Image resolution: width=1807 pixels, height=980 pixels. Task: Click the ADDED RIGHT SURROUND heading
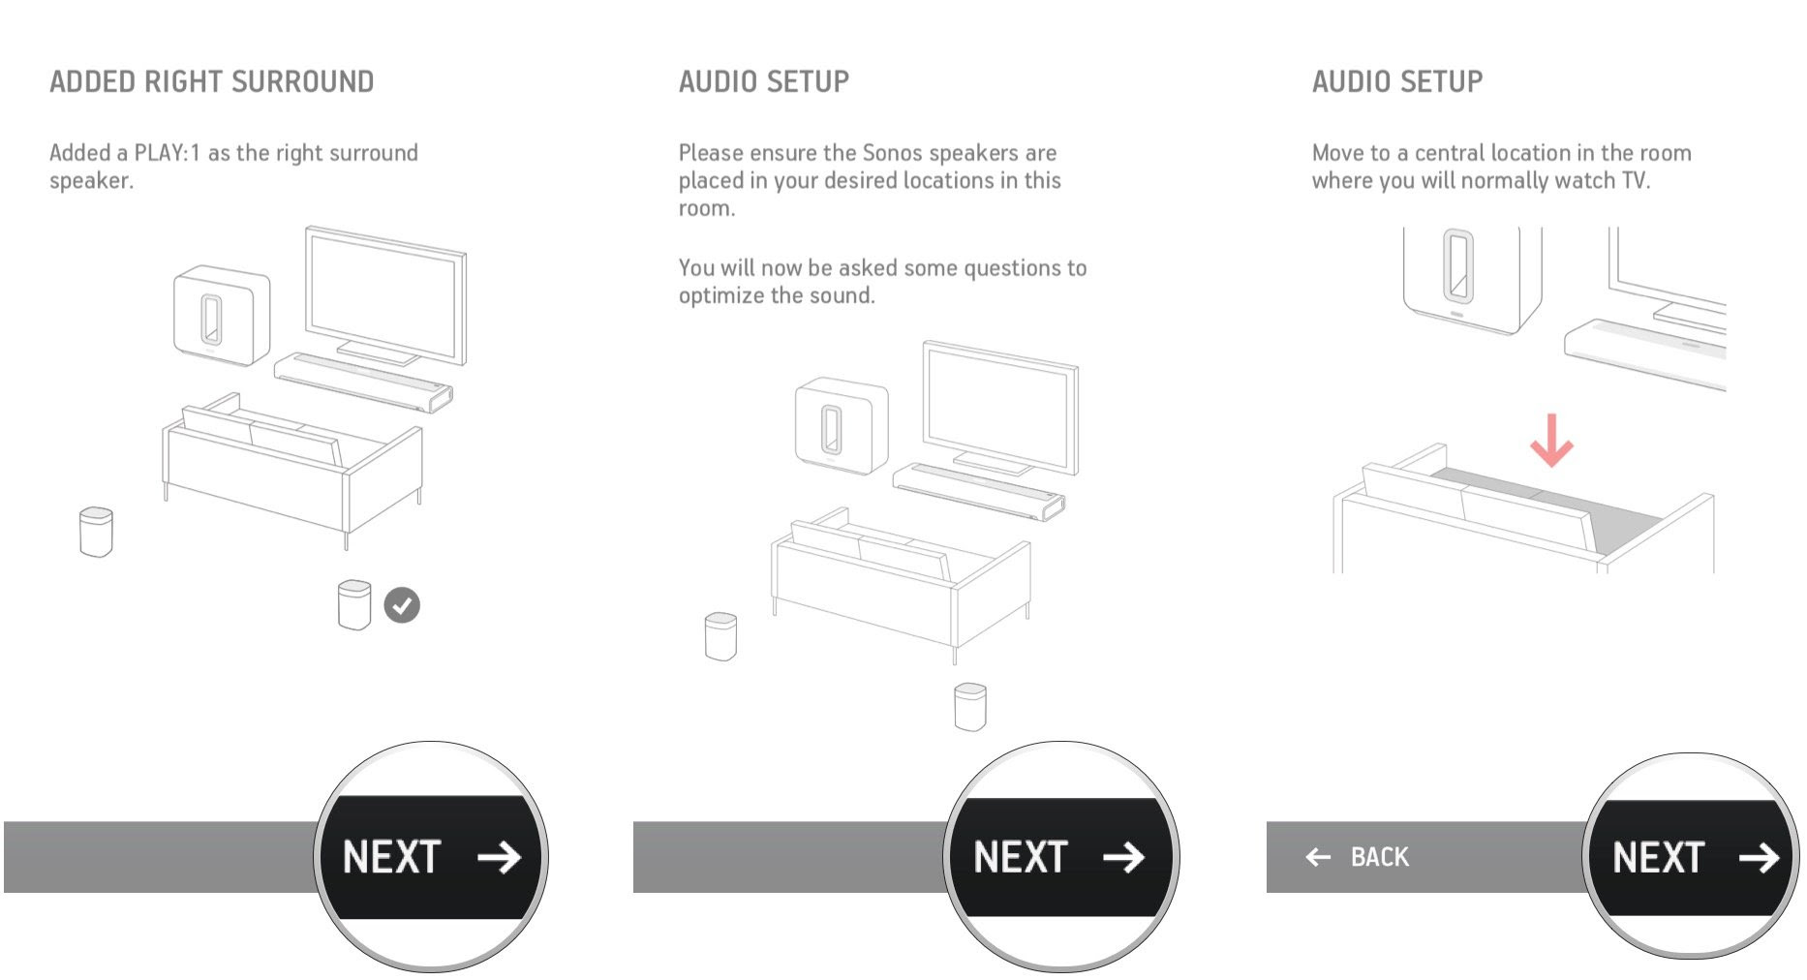(x=212, y=81)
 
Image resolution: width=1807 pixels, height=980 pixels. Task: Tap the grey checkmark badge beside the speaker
(x=402, y=605)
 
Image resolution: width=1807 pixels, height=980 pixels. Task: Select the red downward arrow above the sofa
(x=1551, y=441)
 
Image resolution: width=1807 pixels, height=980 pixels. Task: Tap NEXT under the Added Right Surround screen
(x=431, y=857)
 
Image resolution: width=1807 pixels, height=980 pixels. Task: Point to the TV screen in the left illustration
(x=385, y=295)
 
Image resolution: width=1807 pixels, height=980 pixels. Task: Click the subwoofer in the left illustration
(x=222, y=316)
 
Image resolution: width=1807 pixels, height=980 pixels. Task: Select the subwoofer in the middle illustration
(x=842, y=426)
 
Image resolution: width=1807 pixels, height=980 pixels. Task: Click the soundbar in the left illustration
(x=363, y=382)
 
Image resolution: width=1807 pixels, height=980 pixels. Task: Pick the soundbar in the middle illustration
(x=979, y=491)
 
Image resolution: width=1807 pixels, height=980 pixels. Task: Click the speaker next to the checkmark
(x=354, y=605)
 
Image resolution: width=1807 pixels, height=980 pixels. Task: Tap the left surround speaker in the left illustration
(x=96, y=532)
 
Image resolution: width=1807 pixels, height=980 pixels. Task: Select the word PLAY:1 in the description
(x=167, y=153)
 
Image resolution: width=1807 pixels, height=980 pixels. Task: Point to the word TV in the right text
(x=1635, y=181)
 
